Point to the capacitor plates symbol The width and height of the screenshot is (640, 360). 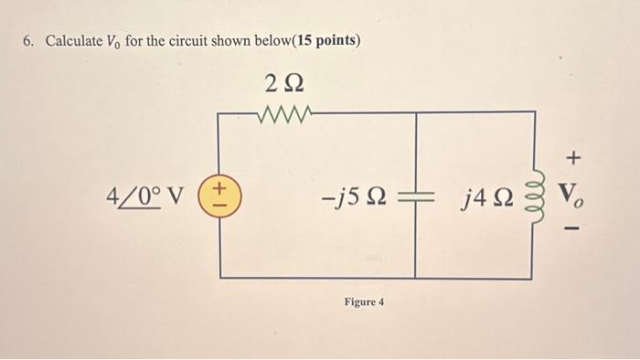pos(416,196)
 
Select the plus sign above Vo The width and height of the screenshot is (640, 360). pos(573,159)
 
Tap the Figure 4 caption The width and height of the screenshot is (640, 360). pos(364,302)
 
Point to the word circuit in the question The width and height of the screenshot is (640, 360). pos(189,42)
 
